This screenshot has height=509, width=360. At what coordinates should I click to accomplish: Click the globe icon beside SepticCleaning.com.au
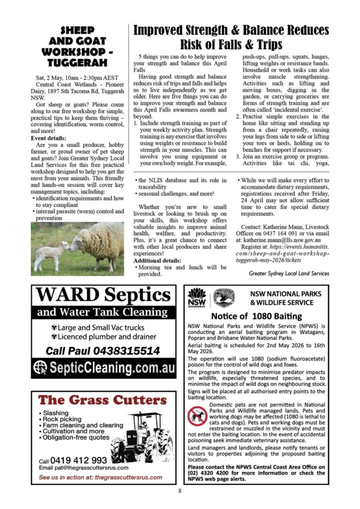coord(41,368)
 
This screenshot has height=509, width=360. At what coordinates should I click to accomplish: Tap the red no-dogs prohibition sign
coord(197,416)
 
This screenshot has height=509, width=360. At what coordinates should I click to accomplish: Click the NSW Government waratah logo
coord(196,297)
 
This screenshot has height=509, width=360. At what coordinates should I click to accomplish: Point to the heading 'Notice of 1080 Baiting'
coord(256,316)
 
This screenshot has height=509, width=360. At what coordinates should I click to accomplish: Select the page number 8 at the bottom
coord(180,492)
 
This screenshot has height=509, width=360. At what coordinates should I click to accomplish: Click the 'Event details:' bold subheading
coord(50,139)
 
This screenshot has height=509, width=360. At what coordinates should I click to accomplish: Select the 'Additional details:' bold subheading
coord(157,260)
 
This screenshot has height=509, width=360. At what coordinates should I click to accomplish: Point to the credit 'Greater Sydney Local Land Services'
coord(289,273)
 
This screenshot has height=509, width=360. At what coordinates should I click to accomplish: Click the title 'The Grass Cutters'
coord(102,401)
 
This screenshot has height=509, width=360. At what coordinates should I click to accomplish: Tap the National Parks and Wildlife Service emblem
coord(224,298)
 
